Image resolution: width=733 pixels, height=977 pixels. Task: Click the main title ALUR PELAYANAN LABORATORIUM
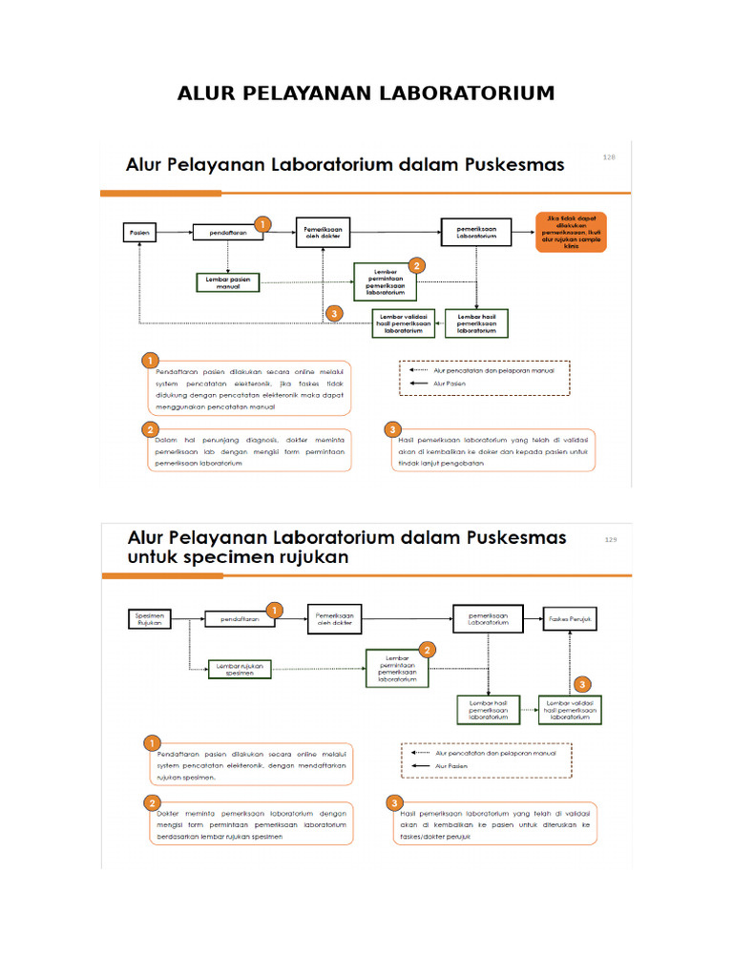tap(366, 94)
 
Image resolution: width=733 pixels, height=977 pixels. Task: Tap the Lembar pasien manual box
tap(228, 281)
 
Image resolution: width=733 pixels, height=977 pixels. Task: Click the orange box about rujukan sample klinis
tap(573, 232)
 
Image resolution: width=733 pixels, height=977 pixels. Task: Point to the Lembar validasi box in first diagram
tap(404, 323)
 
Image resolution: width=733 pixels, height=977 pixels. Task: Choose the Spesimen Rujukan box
tap(151, 619)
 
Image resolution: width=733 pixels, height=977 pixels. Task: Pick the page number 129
tap(612, 540)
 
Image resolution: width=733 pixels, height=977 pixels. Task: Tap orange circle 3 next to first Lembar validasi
tap(332, 313)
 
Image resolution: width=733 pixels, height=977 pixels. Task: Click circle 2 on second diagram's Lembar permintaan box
tap(428, 649)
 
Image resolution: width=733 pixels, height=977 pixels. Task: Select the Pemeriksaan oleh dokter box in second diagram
tap(335, 619)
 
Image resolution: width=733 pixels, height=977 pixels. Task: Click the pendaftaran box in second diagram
tap(240, 619)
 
